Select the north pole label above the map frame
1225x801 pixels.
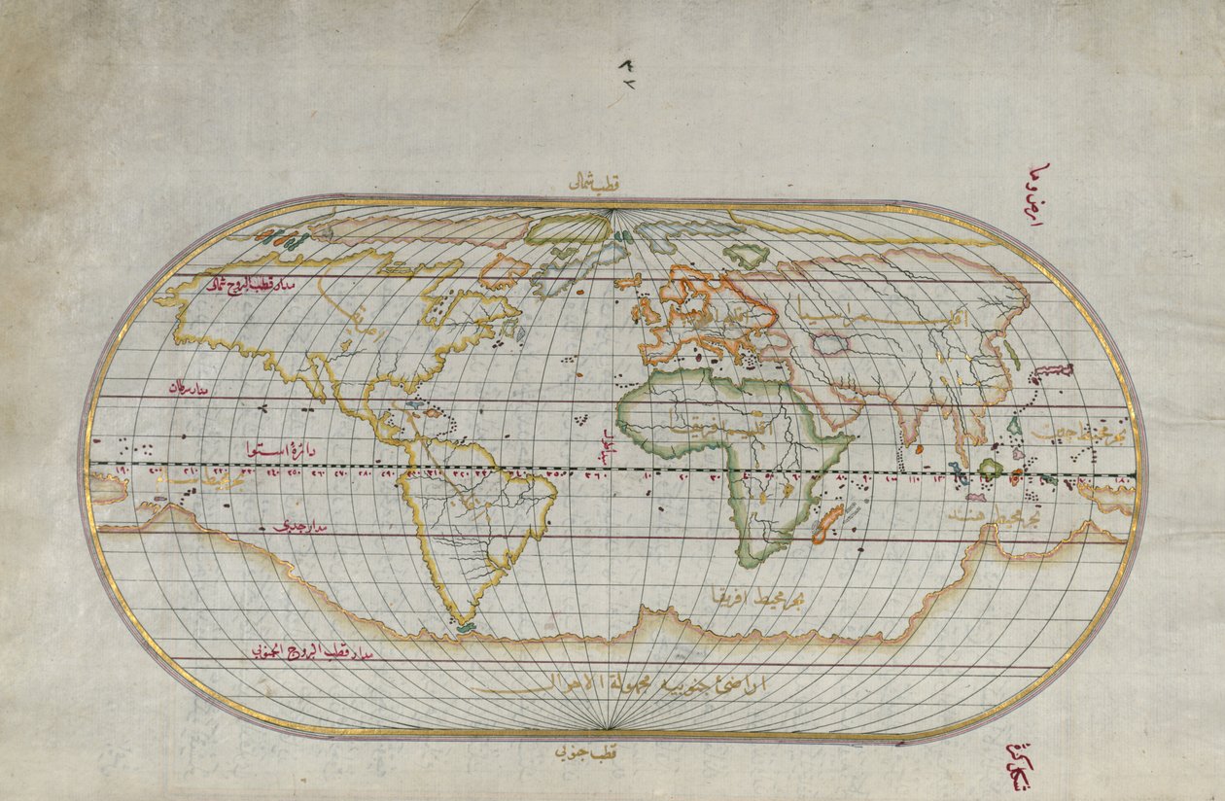tap(596, 183)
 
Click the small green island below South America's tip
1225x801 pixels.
tap(466, 627)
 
